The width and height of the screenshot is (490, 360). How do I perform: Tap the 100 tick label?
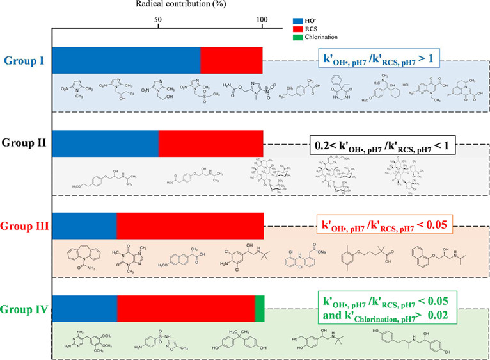[262, 19]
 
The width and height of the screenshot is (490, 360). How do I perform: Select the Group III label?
[24, 225]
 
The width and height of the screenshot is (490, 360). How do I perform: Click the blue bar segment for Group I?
[126, 60]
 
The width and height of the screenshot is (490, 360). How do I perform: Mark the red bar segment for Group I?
[231, 60]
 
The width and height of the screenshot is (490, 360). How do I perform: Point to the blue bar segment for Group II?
[105, 143]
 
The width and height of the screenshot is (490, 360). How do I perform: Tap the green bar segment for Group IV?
[260, 308]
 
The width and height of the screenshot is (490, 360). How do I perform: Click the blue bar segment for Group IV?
[84, 308]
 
